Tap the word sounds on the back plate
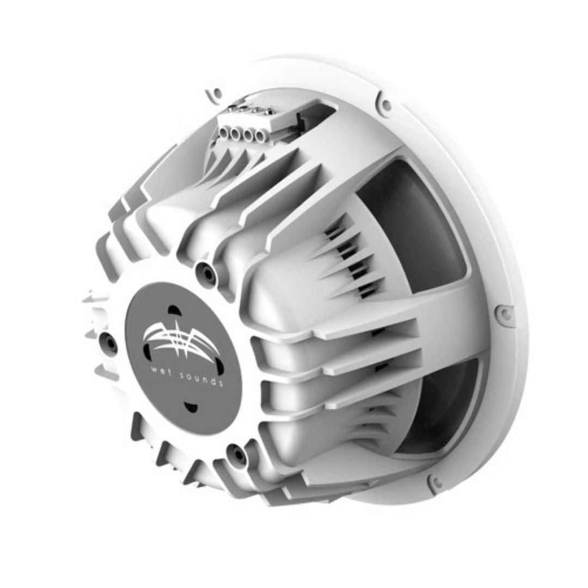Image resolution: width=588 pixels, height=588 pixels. point(203,378)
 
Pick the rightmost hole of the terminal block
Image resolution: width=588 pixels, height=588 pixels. point(259,135)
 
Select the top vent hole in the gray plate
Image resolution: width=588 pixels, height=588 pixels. point(174,310)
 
